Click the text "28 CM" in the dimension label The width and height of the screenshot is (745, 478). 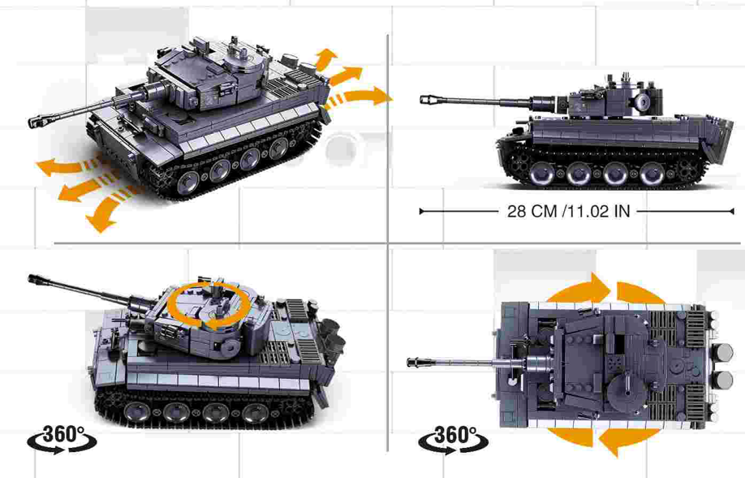532,211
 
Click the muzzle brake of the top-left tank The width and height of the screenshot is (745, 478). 36,121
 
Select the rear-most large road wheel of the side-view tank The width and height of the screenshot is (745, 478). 652,174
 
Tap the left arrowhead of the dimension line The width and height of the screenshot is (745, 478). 422,211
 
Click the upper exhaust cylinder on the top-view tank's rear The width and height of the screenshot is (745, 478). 723,353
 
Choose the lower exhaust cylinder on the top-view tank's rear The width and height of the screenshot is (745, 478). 723,381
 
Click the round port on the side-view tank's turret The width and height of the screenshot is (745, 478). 642,101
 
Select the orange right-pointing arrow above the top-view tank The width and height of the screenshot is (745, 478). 579,287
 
